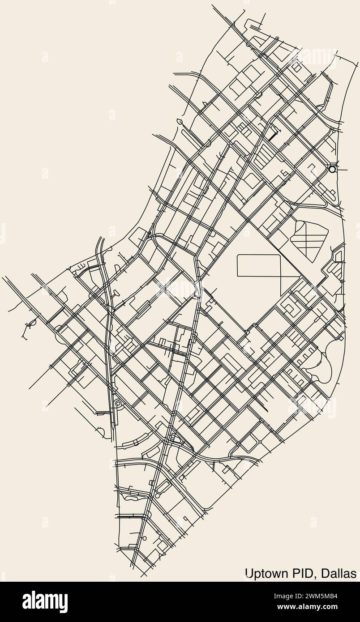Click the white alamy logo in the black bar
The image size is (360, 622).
(x=45, y=601)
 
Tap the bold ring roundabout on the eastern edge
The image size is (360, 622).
(x=332, y=169)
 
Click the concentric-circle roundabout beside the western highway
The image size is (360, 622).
(x=118, y=404)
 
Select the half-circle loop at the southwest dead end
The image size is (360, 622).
(x=100, y=432)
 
